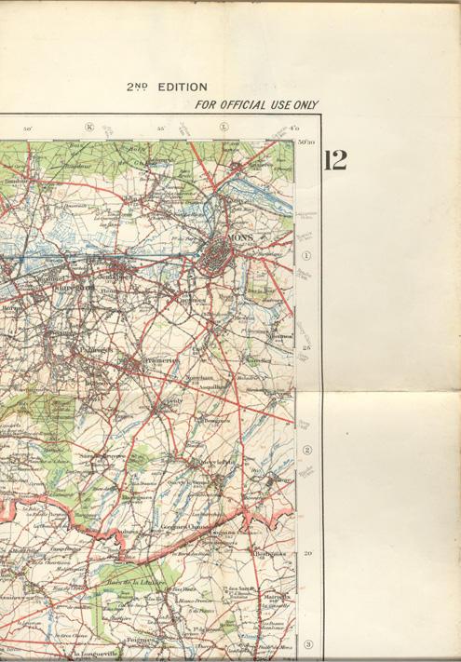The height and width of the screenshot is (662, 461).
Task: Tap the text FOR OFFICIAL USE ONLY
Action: coord(256,105)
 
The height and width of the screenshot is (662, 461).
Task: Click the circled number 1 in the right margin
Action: coord(305,256)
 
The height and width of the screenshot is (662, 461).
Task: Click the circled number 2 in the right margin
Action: coord(305,451)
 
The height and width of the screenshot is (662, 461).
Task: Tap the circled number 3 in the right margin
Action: coord(306,644)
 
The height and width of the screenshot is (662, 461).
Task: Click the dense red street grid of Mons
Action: coord(221,254)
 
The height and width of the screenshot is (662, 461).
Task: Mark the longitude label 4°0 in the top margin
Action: coord(294,128)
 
